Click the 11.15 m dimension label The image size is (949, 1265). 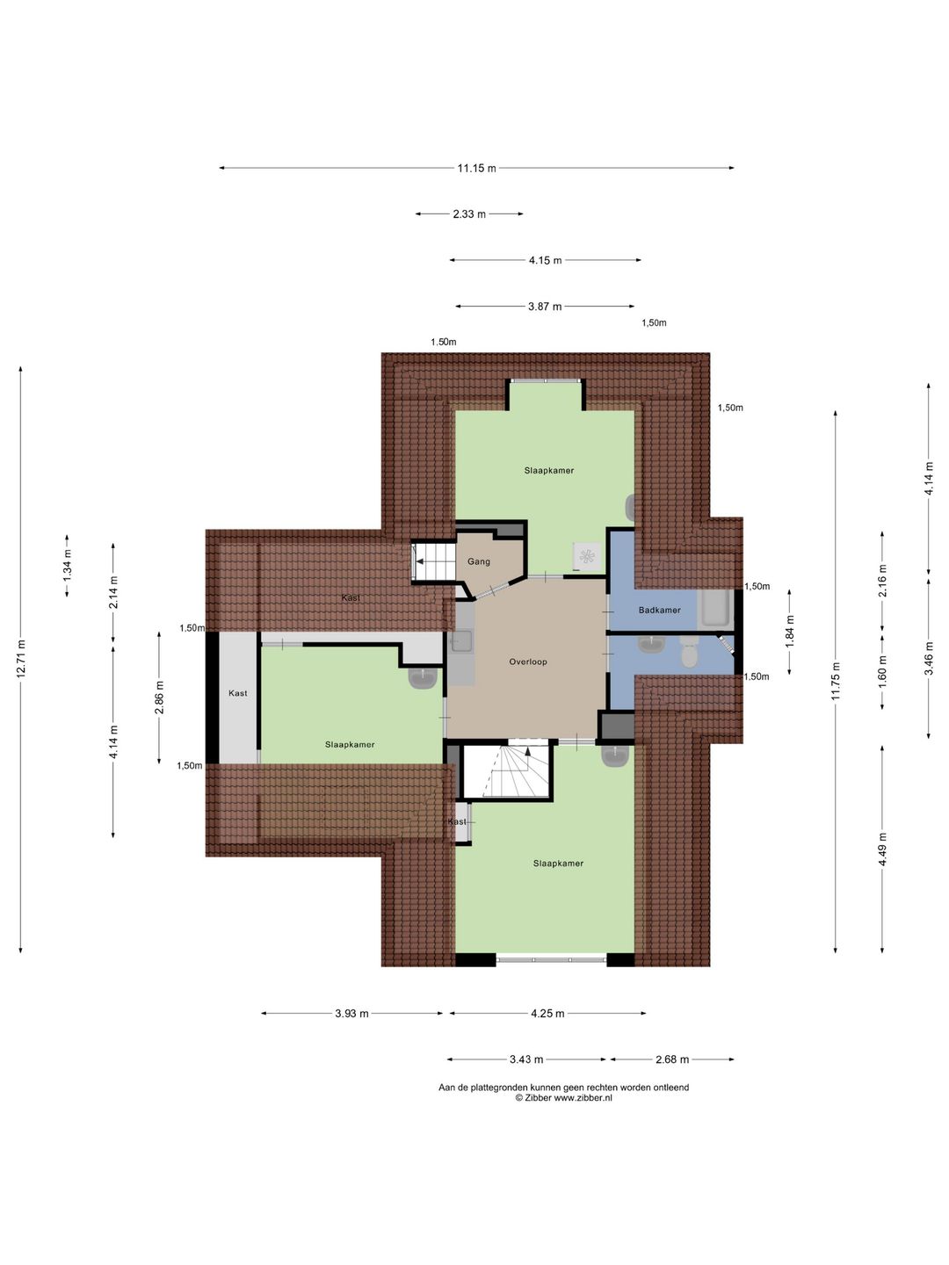[476, 168]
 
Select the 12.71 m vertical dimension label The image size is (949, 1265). [21, 658]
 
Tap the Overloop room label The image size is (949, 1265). [528, 661]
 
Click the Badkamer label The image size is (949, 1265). [659, 610]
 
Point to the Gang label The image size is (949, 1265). [478, 561]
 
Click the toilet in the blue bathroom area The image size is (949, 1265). [689, 654]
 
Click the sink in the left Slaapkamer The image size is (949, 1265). [424, 678]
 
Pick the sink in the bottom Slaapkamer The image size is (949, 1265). [615, 755]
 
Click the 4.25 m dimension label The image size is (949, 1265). [547, 1013]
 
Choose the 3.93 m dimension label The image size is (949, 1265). [351, 1013]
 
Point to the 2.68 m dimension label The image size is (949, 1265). [672, 1059]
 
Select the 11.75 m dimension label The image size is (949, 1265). [836, 681]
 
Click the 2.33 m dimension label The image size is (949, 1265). [469, 213]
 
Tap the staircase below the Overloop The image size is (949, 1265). [507, 771]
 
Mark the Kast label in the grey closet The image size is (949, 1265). [238, 693]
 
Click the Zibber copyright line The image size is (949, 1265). [563, 1097]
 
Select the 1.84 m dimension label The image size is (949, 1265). [790, 632]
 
